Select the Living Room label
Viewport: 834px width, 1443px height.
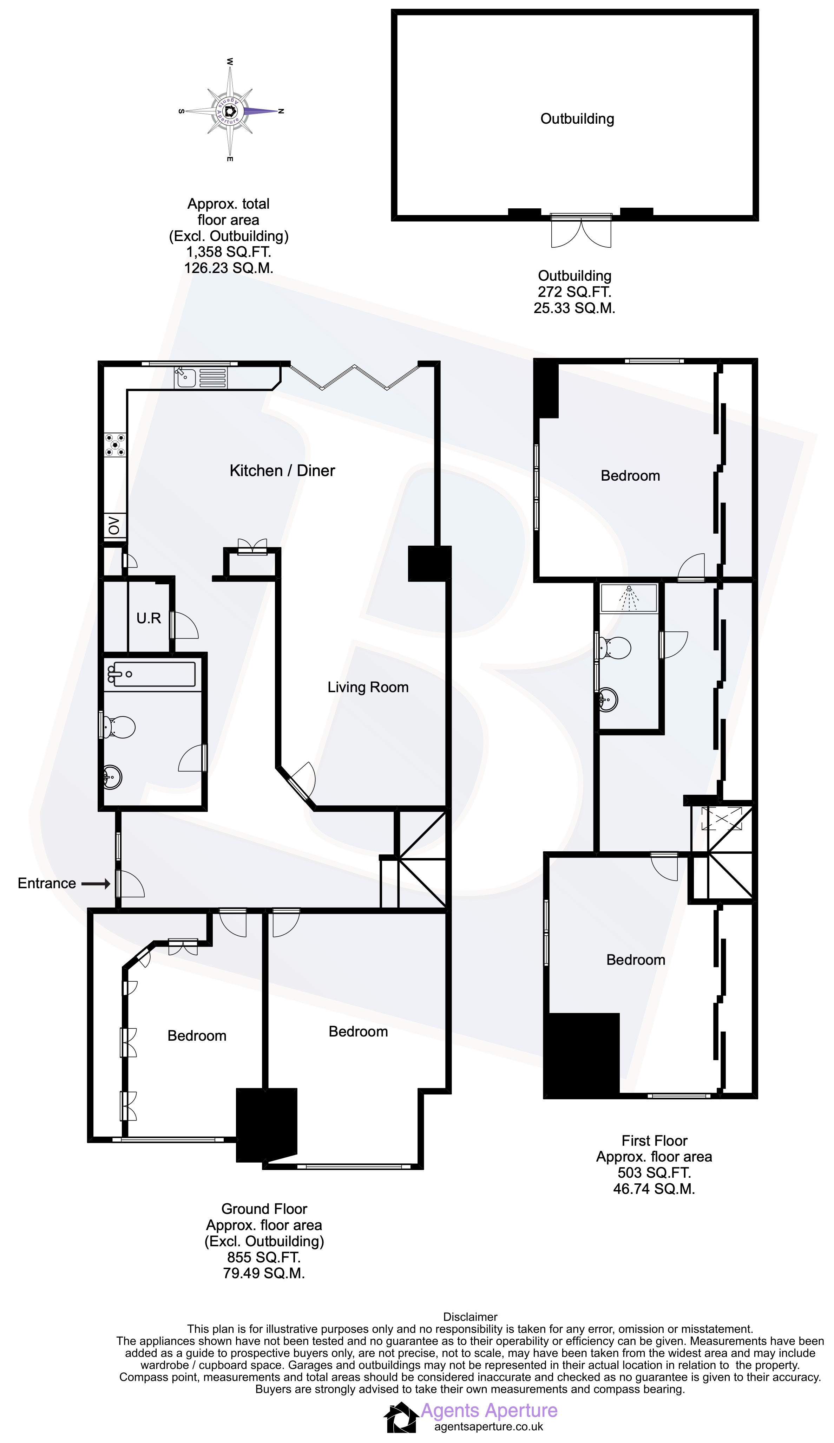(x=367, y=687)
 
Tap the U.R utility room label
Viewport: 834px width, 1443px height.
(x=148, y=618)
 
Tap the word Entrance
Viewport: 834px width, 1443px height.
(x=47, y=884)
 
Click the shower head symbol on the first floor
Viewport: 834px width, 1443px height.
(x=629, y=596)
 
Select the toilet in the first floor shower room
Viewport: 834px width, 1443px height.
(x=613, y=648)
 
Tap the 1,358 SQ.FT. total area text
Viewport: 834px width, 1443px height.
(x=228, y=252)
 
